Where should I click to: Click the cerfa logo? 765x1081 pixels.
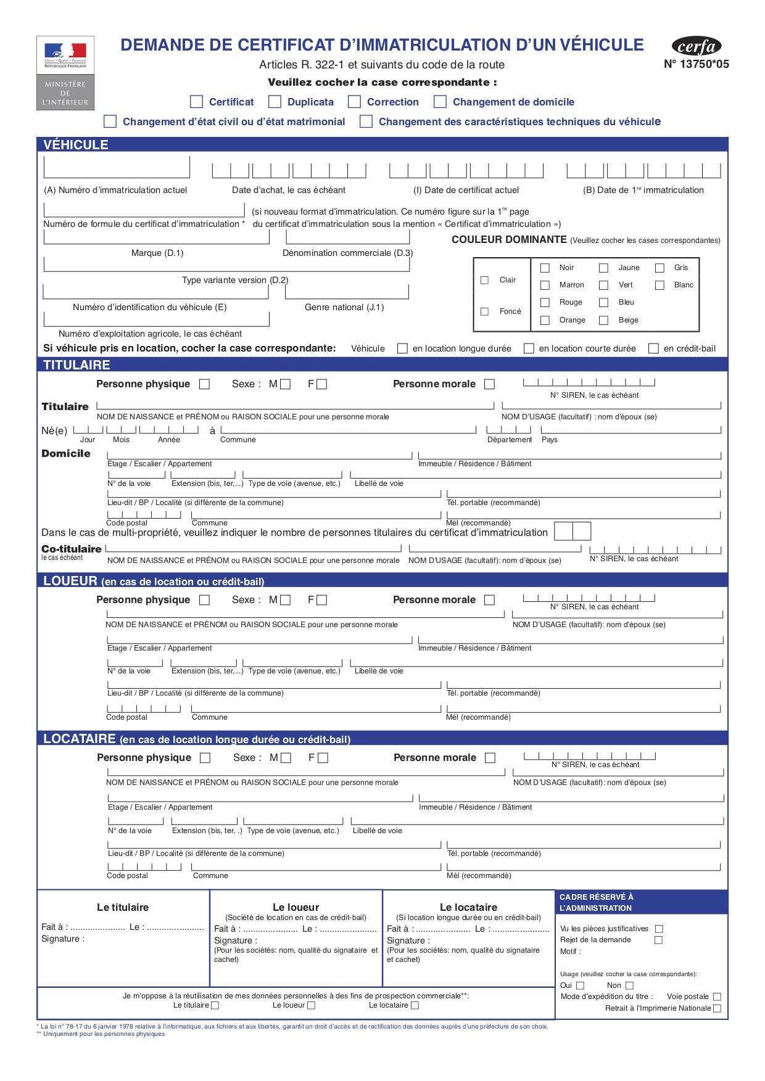(696, 46)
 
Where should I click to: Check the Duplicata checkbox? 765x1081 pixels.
(275, 102)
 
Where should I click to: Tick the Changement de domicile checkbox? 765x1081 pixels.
(440, 102)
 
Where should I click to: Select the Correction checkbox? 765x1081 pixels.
(354, 102)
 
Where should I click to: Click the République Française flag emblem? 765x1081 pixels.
(65, 53)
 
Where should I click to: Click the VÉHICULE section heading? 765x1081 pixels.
(76, 145)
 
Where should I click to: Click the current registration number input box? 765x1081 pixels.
(117, 167)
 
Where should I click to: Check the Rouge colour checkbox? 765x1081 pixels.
(545, 303)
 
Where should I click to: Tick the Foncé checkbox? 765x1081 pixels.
(484, 311)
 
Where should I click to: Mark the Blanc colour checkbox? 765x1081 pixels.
(660, 286)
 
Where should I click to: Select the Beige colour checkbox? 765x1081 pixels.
(604, 320)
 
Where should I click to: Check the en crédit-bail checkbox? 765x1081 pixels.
(653, 348)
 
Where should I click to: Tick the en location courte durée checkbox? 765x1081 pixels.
(529, 348)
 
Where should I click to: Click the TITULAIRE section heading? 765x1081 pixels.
(76, 365)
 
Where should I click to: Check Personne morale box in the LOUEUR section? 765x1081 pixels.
(489, 600)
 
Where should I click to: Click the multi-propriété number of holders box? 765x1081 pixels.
(573, 531)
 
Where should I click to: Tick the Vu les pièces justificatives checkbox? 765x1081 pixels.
(659, 929)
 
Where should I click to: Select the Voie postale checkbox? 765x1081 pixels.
(717, 997)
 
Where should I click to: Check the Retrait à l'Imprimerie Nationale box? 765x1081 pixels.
(717, 1008)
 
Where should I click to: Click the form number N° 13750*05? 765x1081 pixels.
(696, 64)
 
